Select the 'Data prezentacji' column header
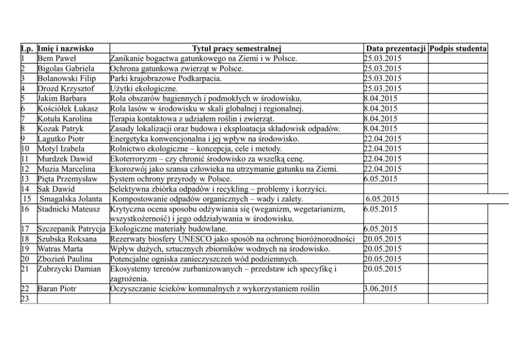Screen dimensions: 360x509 tap(395, 49)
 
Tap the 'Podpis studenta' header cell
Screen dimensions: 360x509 tap(458, 49)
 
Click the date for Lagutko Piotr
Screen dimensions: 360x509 tap(382, 139)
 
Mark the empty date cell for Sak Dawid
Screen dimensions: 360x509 tap(395, 188)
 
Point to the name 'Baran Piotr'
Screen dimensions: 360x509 tap(56, 289)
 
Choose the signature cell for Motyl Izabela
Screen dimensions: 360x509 tap(458, 149)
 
